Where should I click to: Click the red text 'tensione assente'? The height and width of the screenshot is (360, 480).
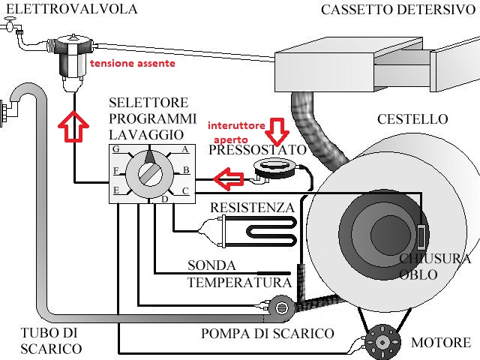coord(133,64)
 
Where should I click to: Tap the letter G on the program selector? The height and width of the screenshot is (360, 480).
coord(116,149)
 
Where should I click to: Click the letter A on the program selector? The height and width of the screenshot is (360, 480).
coord(184,148)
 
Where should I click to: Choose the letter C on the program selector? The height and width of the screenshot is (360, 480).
coord(184,190)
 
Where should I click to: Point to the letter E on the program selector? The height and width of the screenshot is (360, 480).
coord(116,191)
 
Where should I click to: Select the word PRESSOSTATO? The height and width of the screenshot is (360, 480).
coord(258,150)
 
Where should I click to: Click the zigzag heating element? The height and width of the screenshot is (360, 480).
coord(255,226)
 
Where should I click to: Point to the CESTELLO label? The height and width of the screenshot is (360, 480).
coord(412,119)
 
